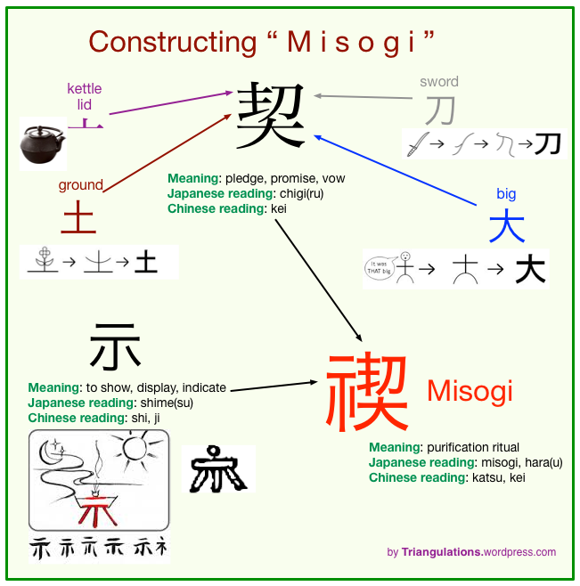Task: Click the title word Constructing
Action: click(x=160, y=41)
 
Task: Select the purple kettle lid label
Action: click(x=85, y=96)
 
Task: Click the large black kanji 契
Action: click(x=271, y=116)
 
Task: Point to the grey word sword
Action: click(x=439, y=82)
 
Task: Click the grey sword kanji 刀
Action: click(x=439, y=110)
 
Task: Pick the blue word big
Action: click(x=506, y=194)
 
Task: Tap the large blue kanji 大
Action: click(x=506, y=226)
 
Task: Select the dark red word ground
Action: click(x=81, y=185)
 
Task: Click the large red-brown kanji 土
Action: click(x=78, y=219)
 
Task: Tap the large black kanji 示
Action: click(x=115, y=347)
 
